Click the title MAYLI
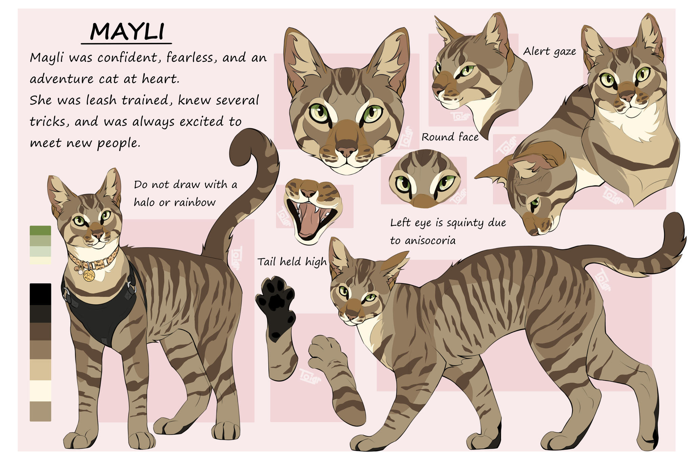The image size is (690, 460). pos(127,31)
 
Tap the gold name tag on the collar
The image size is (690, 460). pos(89,275)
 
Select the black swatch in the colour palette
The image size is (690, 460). pos(40,294)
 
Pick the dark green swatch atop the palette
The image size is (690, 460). pos(40,230)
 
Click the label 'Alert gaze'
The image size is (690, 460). pos(549,51)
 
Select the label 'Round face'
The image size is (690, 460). pos(450,137)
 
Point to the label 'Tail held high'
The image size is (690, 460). pos(292,261)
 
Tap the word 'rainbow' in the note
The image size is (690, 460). pos(195,202)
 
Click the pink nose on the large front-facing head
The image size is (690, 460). pos(346,151)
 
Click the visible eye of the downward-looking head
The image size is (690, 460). pos(535,203)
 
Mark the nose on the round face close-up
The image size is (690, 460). pos(424,201)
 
